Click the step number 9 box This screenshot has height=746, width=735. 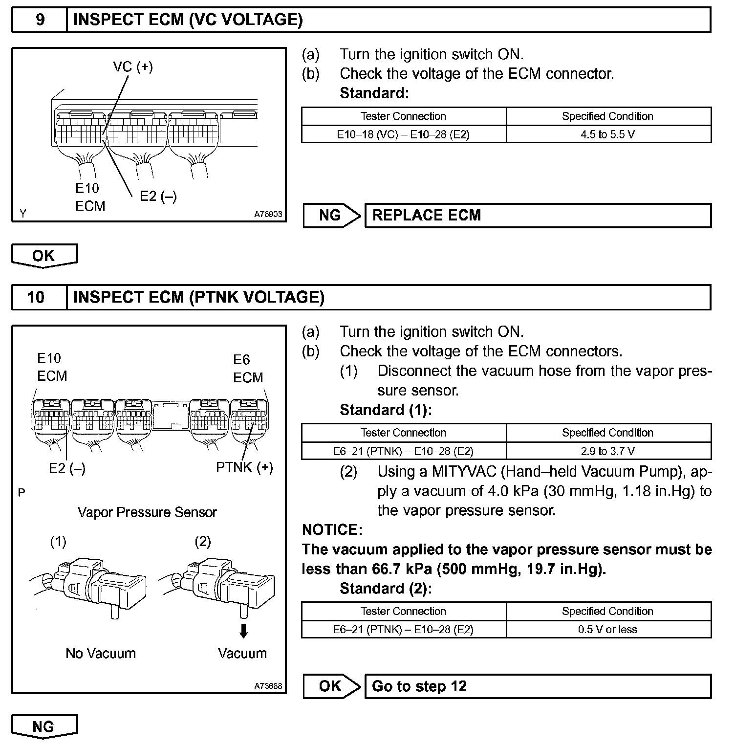point(40,20)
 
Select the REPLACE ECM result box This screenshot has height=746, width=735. point(538,216)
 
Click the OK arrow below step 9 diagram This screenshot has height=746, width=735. point(44,256)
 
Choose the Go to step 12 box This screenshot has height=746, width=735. point(538,686)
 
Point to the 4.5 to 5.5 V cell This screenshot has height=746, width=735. point(608,134)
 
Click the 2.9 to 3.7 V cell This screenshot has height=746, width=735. point(608,451)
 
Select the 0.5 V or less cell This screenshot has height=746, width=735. point(608,630)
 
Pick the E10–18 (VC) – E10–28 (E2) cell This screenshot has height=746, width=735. point(403,134)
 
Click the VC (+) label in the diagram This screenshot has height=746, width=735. point(133,67)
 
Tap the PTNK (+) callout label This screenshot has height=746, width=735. point(244,467)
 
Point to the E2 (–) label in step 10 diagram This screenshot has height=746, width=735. point(67,468)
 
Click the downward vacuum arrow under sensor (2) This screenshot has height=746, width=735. point(243,631)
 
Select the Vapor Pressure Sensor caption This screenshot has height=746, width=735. point(147,512)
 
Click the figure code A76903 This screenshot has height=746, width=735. point(268,214)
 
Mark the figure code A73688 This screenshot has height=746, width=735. point(268,686)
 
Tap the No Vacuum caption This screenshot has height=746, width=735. point(101,654)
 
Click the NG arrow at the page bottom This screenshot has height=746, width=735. point(44,726)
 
